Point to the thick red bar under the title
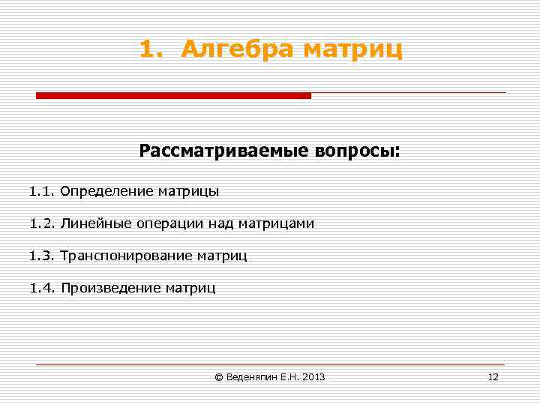coord(173,95)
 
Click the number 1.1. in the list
coord(42,191)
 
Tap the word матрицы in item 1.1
coord(188,191)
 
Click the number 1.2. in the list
coord(42,223)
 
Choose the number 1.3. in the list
coord(42,256)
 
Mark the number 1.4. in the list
coord(42,288)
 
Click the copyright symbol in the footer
coord(219,377)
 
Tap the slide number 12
coord(493,377)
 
